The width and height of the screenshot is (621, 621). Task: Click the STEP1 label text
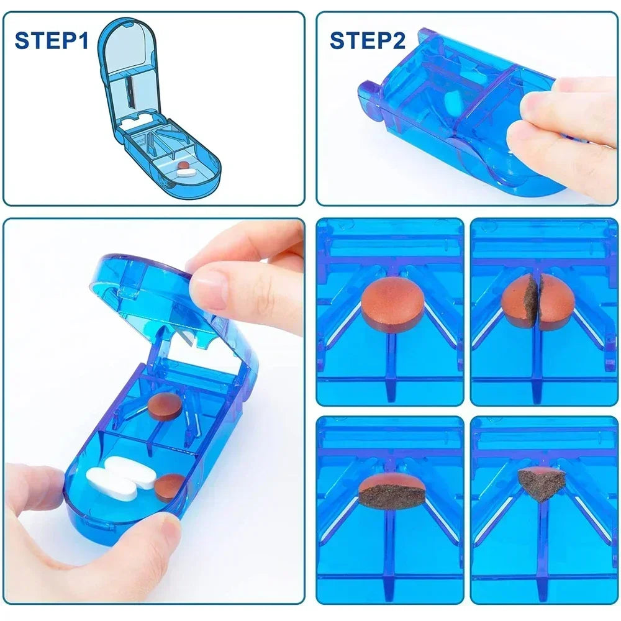pos(52,41)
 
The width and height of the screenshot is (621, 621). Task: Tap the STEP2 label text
pos(367,41)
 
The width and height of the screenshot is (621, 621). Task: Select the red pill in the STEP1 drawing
pos(183,166)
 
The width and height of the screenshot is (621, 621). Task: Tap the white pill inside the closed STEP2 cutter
pos(451,100)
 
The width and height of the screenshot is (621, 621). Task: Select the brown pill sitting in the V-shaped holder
pos(165,407)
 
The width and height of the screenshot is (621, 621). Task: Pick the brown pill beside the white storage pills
pos(168,487)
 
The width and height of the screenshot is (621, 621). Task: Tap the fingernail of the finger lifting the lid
pos(208,289)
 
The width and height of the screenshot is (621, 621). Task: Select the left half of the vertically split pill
pos(519,301)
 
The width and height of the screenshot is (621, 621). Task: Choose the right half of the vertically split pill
pos(555,301)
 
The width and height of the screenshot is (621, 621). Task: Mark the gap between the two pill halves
pos(537,301)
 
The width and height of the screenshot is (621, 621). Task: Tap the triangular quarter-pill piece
pos(541,483)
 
